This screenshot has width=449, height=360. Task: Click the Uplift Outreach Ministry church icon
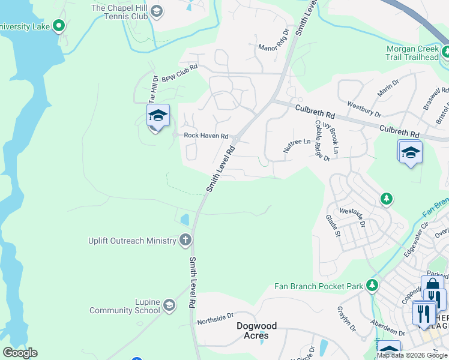[x=185, y=241]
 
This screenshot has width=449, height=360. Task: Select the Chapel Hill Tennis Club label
[x=119, y=11]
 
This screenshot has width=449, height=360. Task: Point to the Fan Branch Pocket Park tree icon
[x=373, y=286]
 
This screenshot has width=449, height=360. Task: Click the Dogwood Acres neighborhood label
[x=256, y=331]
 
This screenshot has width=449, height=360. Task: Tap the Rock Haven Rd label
[x=206, y=136]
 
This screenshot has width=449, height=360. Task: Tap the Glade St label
[x=333, y=226]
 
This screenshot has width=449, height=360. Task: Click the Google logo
[x=20, y=352]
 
